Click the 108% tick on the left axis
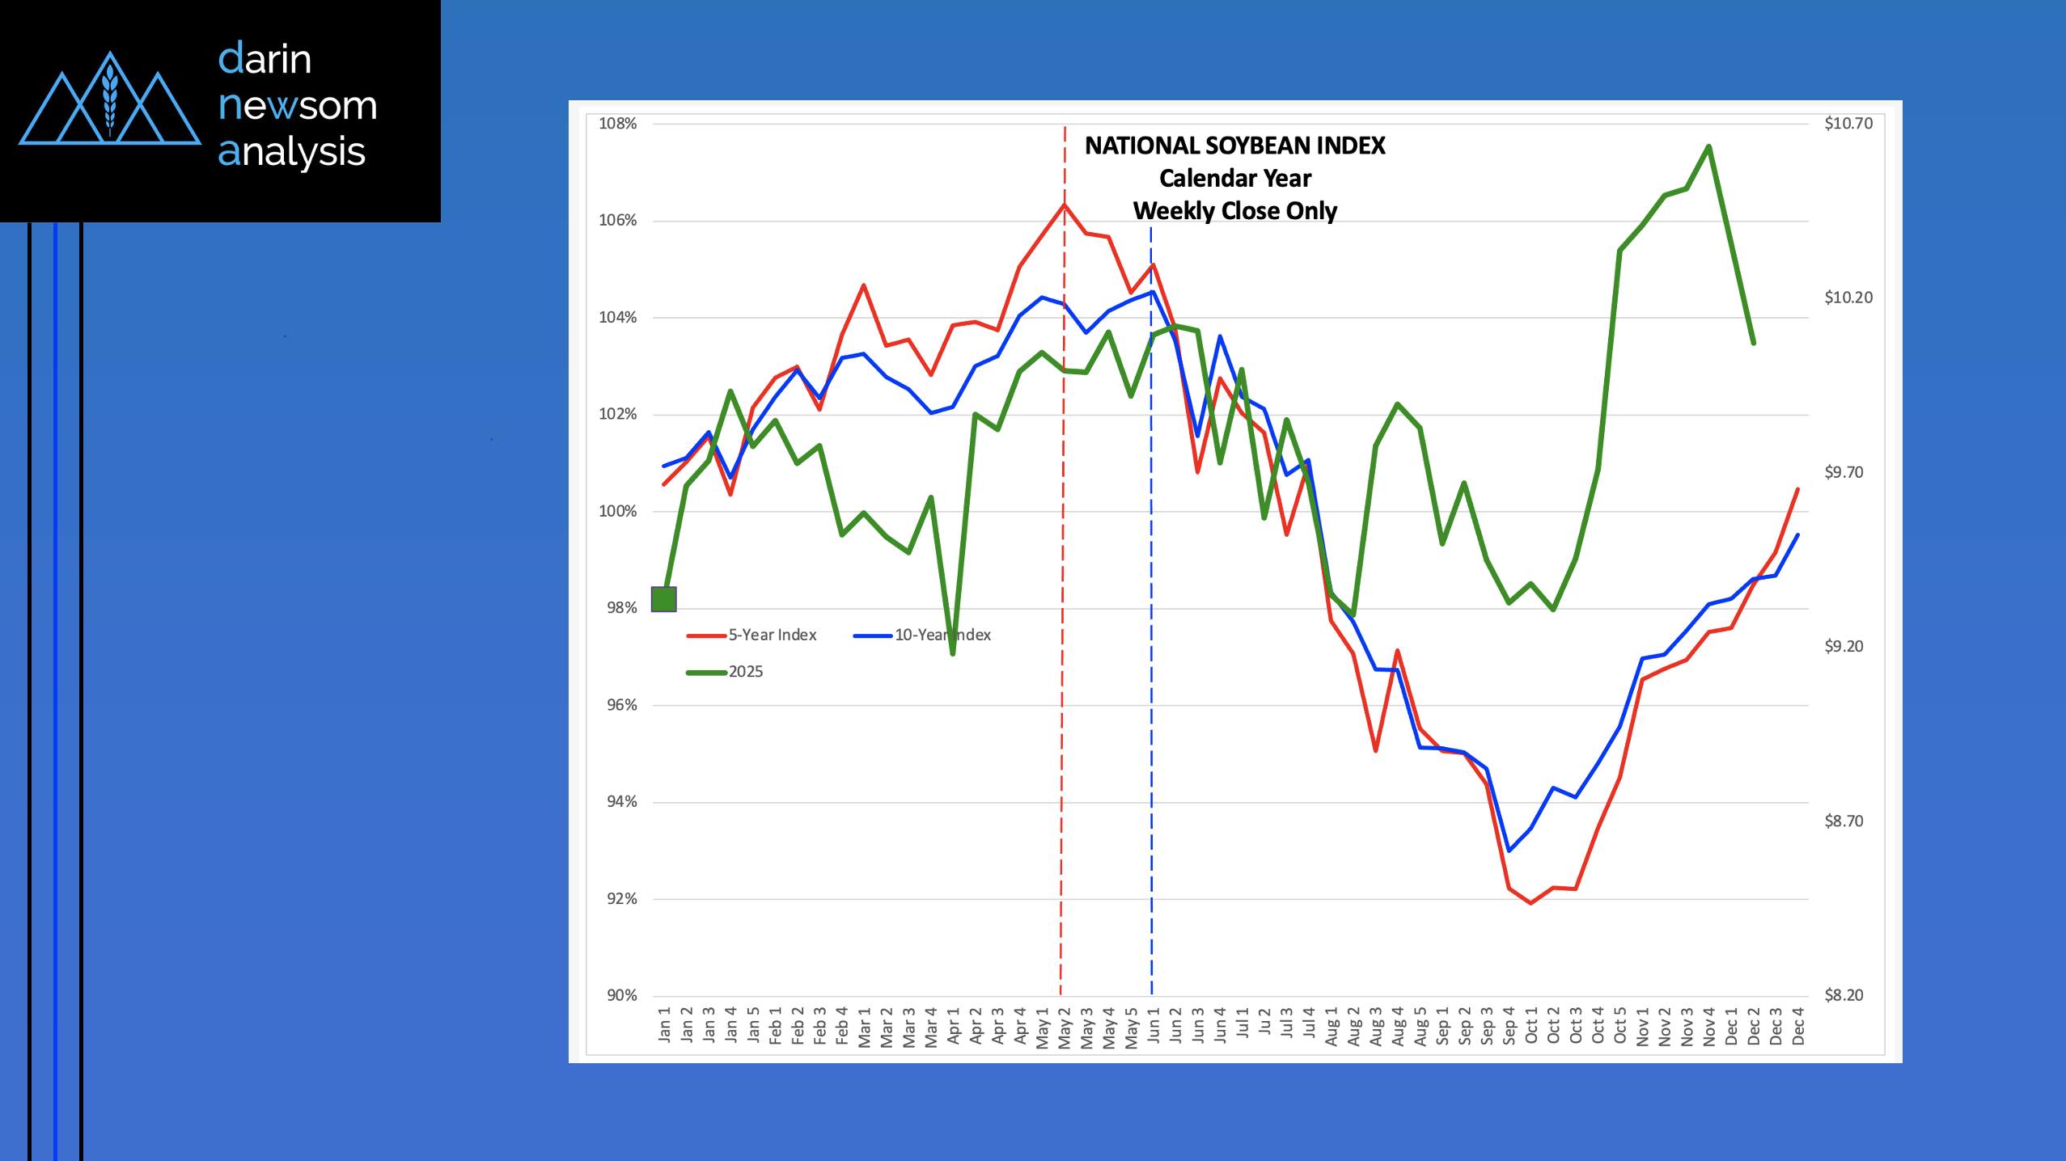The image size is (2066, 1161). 617,124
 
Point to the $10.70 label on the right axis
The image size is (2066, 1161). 1848,124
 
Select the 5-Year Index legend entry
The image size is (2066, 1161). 772,635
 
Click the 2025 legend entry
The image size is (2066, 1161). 745,672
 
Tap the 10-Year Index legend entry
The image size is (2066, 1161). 942,635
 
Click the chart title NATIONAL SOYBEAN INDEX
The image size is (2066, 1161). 1234,146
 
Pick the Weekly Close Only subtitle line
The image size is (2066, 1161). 1234,211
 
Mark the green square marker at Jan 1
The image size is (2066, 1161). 663,599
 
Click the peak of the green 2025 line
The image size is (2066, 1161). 1708,146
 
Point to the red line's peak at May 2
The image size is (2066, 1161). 1064,204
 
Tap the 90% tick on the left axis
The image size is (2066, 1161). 621,995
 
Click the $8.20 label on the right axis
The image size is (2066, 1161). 1844,995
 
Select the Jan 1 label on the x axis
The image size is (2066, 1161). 664,1024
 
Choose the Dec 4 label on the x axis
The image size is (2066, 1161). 1797,1026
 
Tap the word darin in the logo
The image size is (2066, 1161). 265,59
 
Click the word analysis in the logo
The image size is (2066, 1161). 291,152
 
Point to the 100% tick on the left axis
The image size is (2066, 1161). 617,511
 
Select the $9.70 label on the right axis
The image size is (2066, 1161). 1844,472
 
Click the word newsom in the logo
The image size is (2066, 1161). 297,106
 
